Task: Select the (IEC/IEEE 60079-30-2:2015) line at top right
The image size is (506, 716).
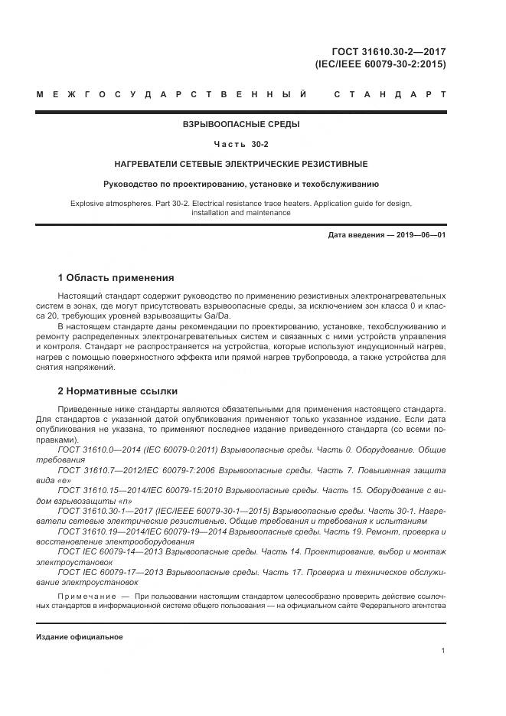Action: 380,64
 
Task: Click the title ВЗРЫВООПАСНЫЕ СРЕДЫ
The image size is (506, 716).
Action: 241,124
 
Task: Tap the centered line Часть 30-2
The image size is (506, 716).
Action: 241,144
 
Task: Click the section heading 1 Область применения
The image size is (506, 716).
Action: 116,278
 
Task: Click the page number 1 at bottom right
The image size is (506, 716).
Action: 444,651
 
